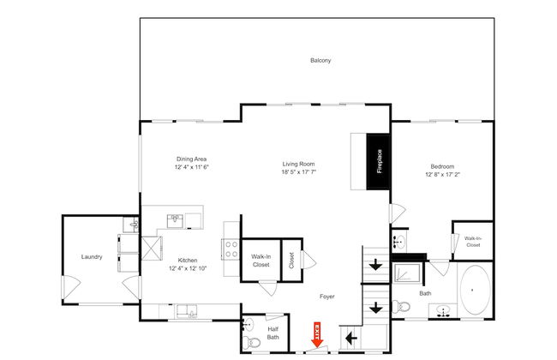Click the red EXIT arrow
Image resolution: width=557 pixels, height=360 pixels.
[x=317, y=334]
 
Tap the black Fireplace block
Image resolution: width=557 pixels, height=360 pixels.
[x=379, y=161]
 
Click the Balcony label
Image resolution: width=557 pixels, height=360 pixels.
[x=320, y=60]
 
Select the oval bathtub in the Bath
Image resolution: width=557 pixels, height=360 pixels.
[x=475, y=291]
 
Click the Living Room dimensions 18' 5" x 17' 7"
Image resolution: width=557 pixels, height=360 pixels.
[x=299, y=172]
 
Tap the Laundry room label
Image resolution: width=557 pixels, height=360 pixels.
[x=92, y=257]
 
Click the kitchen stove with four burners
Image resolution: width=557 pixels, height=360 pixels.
[x=231, y=249]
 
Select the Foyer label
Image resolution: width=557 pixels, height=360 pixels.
[x=326, y=297]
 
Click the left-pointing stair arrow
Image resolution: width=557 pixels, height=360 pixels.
[x=351, y=338]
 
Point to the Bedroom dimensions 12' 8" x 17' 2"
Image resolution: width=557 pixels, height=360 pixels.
[x=443, y=175]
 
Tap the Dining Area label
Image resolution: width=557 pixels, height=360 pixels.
[x=191, y=159]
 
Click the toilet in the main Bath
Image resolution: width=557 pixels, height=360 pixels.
[x=401, y=306]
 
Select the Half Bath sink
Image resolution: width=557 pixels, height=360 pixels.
[x=249, y=325]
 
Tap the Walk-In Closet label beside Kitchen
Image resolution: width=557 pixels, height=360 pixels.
[x=261, y=261]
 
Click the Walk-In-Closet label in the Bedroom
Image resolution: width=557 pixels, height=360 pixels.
[x=473, y=242]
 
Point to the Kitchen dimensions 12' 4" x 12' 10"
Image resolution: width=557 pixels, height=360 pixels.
[x=188, y=268]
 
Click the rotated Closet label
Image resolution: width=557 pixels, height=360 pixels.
[x=291, y=261]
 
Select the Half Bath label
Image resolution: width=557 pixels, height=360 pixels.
[x=273, y=333]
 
